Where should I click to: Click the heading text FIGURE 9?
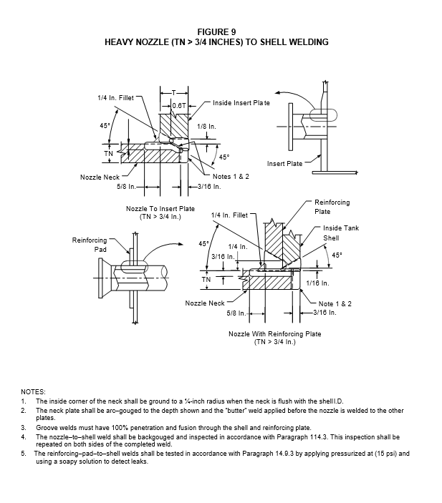pyautogui.click(x=216, y=32)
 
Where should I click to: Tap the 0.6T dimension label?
pyautogui.click(x=179, y=106)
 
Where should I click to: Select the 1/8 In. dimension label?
pyautogui.click(x=206, y=127)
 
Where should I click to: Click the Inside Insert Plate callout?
pyautogui.click(x=241, y=103)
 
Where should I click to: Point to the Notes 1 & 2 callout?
pyautogui.click(x=231, y=177)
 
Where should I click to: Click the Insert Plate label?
pyautogui.click(x=284, y=164)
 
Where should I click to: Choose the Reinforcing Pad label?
pyautogui.click(x=90, y=245)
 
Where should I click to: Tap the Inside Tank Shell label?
pyautogui.click(x=341, y=233)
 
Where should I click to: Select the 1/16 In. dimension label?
pyautogui.click(x=317, y=283)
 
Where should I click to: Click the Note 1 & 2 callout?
pyautogui.click(x=335, y=304)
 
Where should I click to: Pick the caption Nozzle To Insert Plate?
pyautogui.click(x=160, y=209)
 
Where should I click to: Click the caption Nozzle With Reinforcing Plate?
pyautogui.click(x=275, y=334)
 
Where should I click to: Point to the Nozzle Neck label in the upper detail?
pyautogui.click(x=100, y=177)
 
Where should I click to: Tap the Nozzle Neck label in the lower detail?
pyautogui.click(x=205, y=303)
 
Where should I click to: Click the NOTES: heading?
pyautogui.click(x=33, y=392)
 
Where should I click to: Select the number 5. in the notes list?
pyautogui.click(x=24, y=454)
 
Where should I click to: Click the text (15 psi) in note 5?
pyautogui.click(x=386, y=454)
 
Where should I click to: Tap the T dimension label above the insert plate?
pyautogui.click(x=174, y=93)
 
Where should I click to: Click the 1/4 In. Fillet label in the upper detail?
pyautogui.click(x=115, y=98)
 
